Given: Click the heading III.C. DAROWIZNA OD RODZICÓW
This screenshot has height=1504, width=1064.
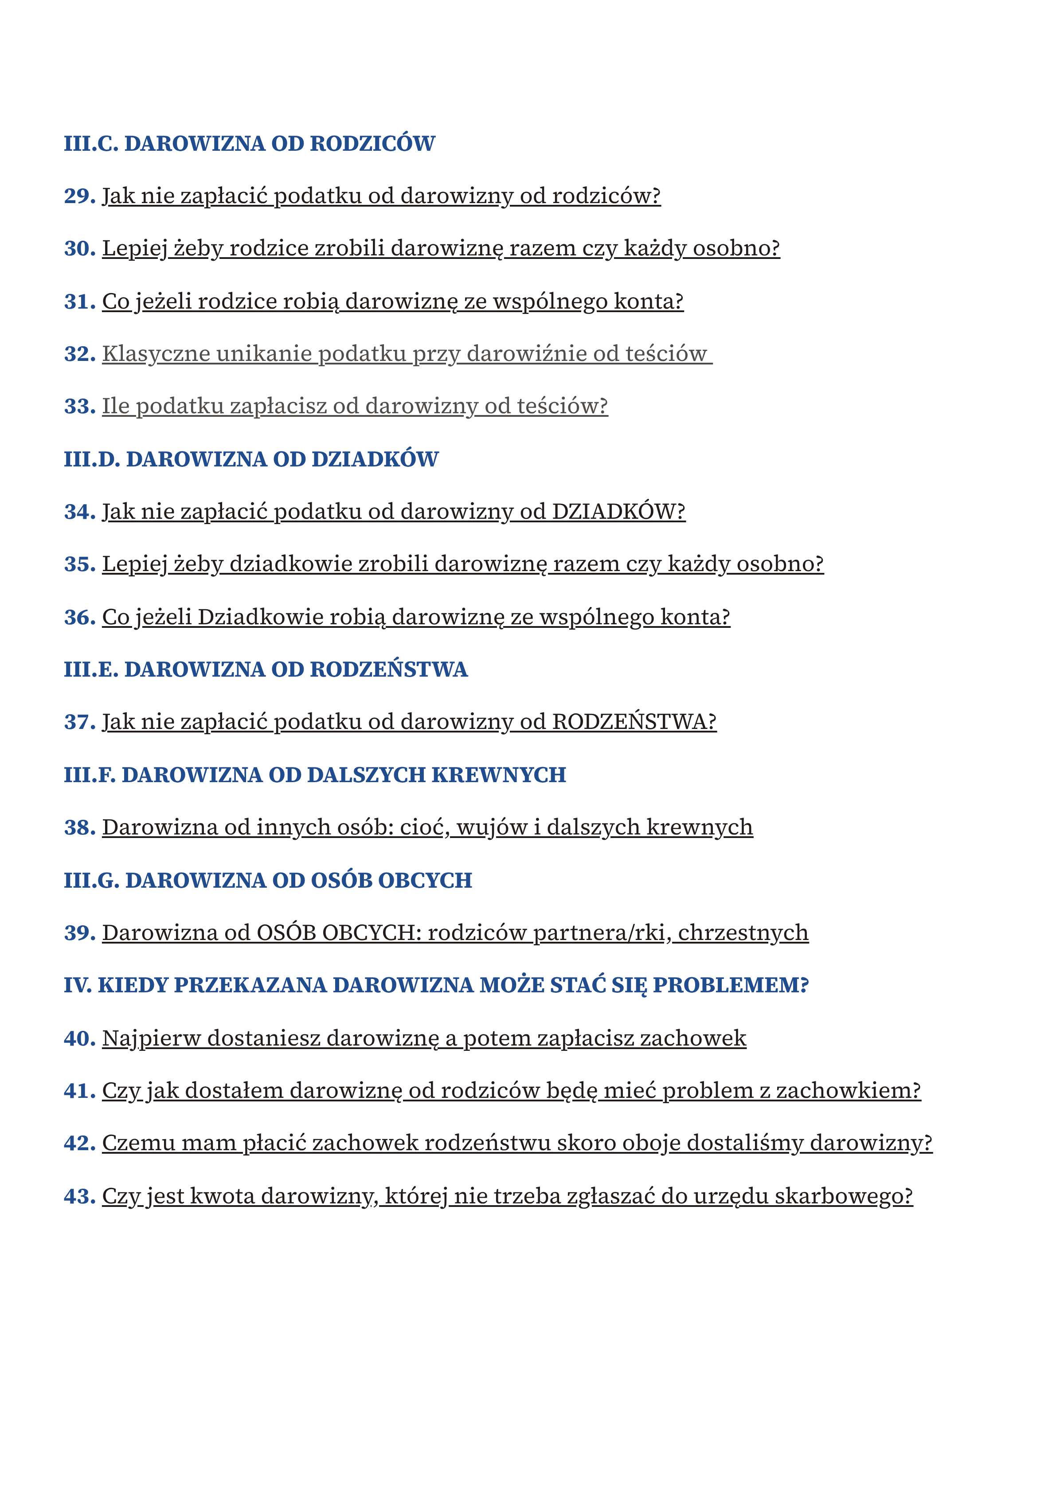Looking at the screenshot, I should point(249,144).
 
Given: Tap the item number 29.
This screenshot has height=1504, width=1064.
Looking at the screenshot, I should point(79,196).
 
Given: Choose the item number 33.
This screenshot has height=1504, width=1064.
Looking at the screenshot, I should point(79,406).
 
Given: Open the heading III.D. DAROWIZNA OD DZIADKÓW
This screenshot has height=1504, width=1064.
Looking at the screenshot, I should point(251,459).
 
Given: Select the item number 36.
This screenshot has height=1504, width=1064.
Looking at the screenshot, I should point(79,617).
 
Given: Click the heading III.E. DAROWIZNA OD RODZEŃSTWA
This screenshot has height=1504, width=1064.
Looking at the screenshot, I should point(266,670).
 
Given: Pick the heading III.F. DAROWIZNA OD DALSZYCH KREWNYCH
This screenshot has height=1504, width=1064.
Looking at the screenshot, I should point(314,775).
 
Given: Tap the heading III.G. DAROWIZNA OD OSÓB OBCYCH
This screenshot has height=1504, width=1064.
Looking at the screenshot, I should point(267,881).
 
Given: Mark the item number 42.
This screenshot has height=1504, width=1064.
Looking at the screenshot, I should point(79,1144).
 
